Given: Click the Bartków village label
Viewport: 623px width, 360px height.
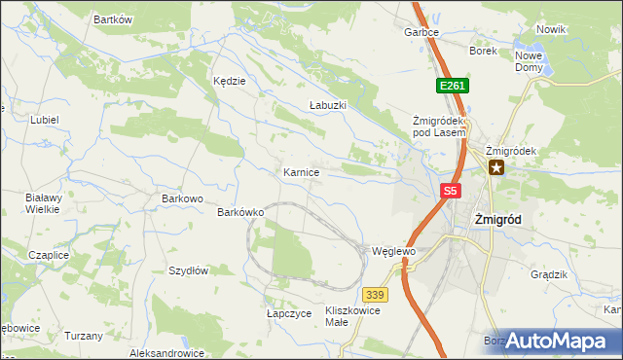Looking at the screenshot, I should pos(112,19).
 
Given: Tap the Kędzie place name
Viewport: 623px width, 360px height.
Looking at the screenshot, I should pos(230,81).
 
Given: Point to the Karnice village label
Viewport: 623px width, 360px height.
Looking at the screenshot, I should pos(302,172).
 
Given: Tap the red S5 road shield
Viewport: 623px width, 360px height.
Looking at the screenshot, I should pos(449,192).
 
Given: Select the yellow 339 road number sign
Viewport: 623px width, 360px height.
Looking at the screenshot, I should pos(375,295).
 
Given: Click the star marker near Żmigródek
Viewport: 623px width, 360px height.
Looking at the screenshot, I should pos(496,168).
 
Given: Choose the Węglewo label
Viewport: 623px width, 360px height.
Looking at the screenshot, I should pos(394,251).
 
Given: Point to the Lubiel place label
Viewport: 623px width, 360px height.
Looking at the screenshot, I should pos(45,120).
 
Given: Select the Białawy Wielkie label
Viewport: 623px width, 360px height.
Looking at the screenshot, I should pos(43,202).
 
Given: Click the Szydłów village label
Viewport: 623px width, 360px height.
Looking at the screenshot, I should pos(189,271).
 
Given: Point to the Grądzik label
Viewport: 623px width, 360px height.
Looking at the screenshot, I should pos(549,274).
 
